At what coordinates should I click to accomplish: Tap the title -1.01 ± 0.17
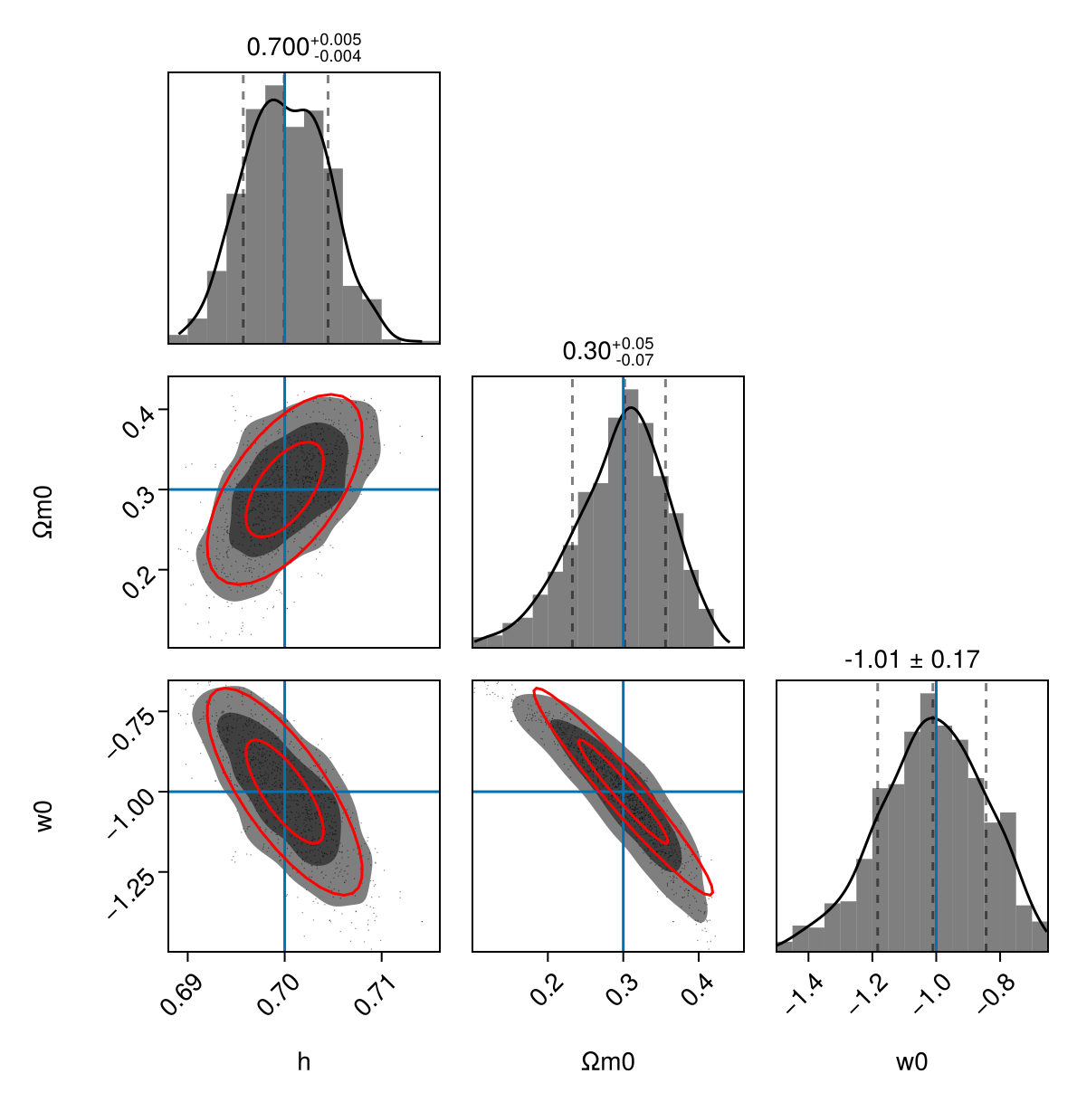tap(911, 660)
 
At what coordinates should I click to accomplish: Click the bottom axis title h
tap(304, 1062)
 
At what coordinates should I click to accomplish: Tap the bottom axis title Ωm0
tap(608, 1062)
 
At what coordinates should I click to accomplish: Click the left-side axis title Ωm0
tap(43, 512)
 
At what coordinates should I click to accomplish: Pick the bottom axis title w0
tap(911, 1062)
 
